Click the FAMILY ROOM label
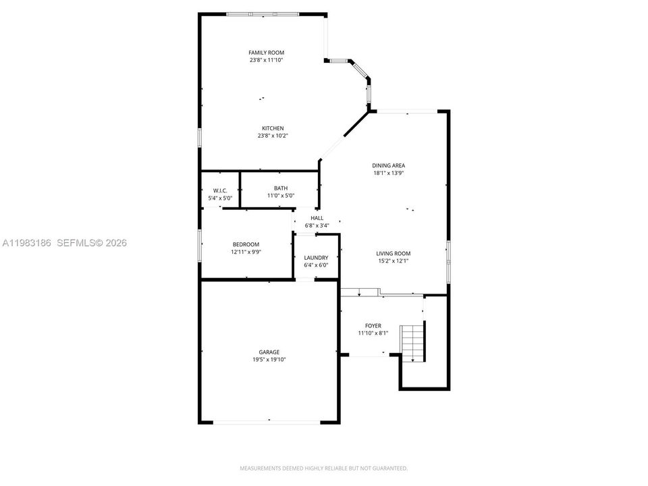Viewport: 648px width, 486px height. click(x=266, y=53)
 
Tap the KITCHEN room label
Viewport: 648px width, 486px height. click(x=273, y=128)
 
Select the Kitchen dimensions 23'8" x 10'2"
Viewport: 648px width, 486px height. click(x=273, y=136)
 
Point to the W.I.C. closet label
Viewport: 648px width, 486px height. click(x=220, y=190)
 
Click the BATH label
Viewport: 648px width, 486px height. click(x=281, y=188)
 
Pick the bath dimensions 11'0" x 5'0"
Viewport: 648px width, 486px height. click(x=281, y=196)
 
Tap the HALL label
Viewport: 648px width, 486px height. click(x=317, y=218)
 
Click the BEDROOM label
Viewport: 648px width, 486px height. click(x=246, y=244)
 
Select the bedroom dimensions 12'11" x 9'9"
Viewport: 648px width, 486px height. click(x=246, y=252)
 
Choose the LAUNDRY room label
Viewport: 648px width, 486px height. click(x=316, y=257)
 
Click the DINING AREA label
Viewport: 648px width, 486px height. click(x=389, y=165)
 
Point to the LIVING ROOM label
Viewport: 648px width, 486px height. click(x=394, y=253)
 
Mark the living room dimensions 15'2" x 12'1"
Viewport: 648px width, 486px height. click(x=394, y=261)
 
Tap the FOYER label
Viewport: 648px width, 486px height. click(x=373, y=325)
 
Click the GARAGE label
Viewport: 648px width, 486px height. click(x=269, y=352)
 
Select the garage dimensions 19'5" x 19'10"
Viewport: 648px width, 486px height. click(x=269, y=360)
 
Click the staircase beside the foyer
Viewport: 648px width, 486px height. click(x=412, y=343)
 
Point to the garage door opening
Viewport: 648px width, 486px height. click(x=267, y=422)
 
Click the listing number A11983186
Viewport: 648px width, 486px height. click(x=27, y=243)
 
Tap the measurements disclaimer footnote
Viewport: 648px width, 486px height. click(x=323, y=468)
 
